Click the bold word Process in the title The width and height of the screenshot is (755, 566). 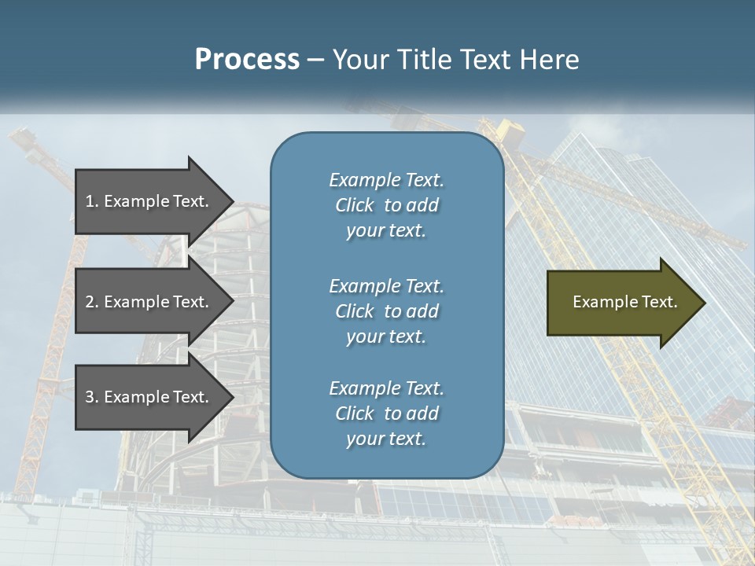pos(247,60)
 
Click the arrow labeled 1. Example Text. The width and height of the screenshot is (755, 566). pos(149,201)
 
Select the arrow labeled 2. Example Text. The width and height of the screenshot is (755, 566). pos(149,302)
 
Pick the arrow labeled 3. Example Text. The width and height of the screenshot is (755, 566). pos(149,397)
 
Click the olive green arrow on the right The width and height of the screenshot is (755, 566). pos(621,302)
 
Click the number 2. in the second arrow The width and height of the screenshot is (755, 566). pos(91,302)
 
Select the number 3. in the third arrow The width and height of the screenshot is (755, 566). pos(91,397)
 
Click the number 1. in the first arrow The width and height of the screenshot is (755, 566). pos(91,201)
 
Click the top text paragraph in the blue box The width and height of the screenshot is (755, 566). pos(386,205)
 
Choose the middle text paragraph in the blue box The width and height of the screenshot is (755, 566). pos(386,311)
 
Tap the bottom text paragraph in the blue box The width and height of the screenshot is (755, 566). pos(386,413)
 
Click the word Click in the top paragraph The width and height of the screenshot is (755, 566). pos(354,205)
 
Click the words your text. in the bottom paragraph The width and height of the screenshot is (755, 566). pos(386,439)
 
